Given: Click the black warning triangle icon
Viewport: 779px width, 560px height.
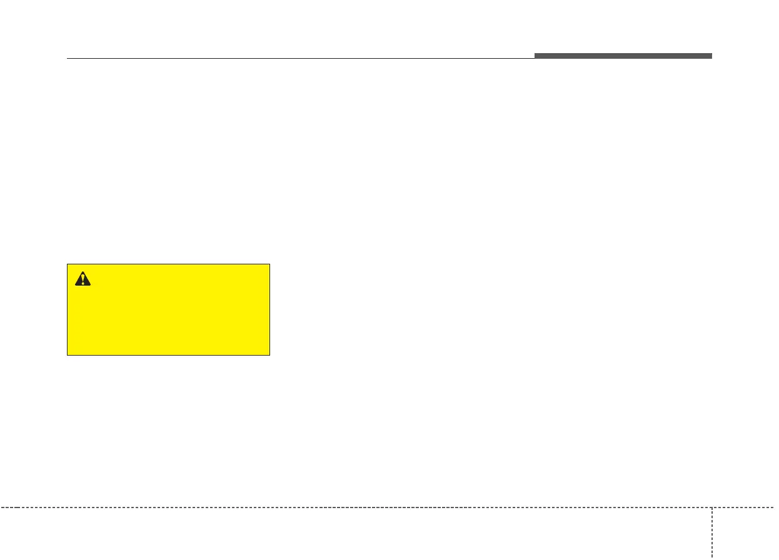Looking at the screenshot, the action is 83,279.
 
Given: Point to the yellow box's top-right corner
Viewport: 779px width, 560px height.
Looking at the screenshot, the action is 269,264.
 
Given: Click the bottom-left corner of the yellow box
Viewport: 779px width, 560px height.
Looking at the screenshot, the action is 68,355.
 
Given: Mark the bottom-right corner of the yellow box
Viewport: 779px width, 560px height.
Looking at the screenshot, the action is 269,355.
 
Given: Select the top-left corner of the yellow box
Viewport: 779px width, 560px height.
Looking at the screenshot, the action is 68,264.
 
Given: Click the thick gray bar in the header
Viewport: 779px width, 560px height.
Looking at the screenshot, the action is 623,56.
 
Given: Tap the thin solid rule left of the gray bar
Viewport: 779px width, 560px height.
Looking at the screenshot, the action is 300,59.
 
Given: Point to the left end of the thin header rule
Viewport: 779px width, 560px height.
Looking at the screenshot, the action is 67,59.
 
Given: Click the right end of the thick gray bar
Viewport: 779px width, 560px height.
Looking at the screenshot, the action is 711,56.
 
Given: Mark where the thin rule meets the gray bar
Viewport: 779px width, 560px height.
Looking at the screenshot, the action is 535,58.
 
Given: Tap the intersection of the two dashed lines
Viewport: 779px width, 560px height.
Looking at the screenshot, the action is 711,507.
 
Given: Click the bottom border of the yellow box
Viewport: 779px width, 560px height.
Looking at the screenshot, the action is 169,355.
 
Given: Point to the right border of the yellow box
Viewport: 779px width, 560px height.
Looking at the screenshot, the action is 269,309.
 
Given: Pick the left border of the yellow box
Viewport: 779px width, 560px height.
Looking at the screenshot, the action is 68,309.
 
